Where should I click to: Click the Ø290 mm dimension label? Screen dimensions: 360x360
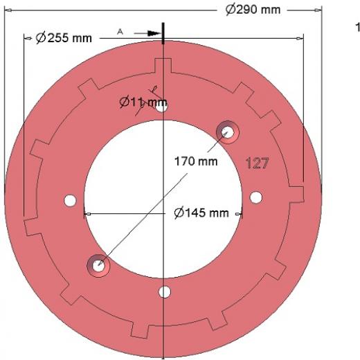[x=253, y=10]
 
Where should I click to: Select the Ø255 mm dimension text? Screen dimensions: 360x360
[x=64, y=38]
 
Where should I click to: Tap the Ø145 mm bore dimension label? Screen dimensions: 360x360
[x=201, y=213]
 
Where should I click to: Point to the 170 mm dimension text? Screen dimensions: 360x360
[x=196, y=161]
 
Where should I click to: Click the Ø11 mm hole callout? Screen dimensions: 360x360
[x=143, y=102]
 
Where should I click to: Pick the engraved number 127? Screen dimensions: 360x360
[x=258, y=163]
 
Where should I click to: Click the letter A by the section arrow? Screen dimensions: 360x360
[x=120, y=32]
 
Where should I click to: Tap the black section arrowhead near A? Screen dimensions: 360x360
[x=154, y=33]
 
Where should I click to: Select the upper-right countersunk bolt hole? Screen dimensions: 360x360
[x=228, y=132]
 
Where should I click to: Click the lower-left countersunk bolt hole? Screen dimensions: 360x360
[x=98, y=266]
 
